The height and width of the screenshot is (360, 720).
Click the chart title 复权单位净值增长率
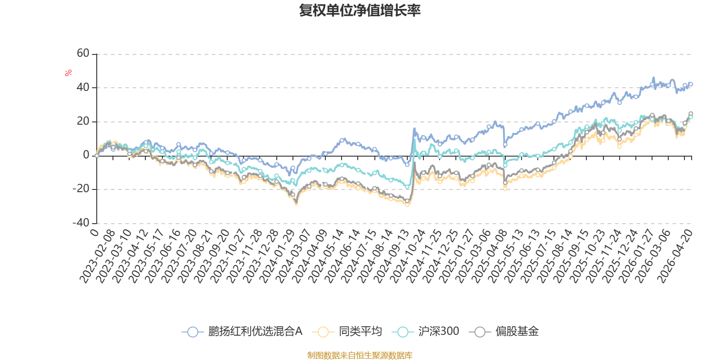pyautogui.click(x=360, y=11)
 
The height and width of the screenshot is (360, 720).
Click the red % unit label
pyautogui.click(x=68, y=73)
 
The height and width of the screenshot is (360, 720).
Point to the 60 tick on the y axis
pyautogui.click(x=83, y=54)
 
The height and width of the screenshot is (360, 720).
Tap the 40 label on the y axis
pyautogui.click(x=83, y=87)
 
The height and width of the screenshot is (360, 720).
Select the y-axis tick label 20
pyautogui.click(x=83, y=121)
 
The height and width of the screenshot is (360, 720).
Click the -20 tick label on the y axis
pyautogui.click(x=81, y=189)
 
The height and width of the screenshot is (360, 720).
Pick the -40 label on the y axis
pyautogui.click(x=81, y=223)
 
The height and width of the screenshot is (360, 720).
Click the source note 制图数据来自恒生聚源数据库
pyautogui.click(x=360, y=355)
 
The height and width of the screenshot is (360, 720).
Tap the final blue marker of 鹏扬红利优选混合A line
pyautogui.click(x=691, y=84)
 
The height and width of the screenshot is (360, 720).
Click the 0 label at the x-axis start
pyautogui.click(x=94, y=232)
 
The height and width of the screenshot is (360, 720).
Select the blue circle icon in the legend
pyautogui.click(x=193, y=332)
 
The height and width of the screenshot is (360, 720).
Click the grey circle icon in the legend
pyautogui.click(x=480, y=332)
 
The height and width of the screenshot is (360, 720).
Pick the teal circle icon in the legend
pyautogui.click(x=403, y=332)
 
